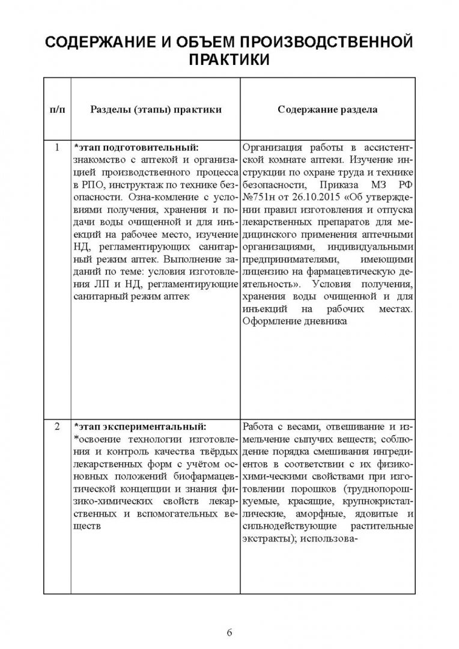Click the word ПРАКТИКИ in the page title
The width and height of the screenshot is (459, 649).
229,61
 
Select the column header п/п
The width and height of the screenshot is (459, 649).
57,109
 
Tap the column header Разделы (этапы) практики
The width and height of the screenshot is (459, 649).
156,109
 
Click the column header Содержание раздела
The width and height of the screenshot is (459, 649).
327,109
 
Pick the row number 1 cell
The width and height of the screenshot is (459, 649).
57,147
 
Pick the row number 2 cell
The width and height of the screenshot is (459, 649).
57,427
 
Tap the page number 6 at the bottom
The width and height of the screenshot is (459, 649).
229,632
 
